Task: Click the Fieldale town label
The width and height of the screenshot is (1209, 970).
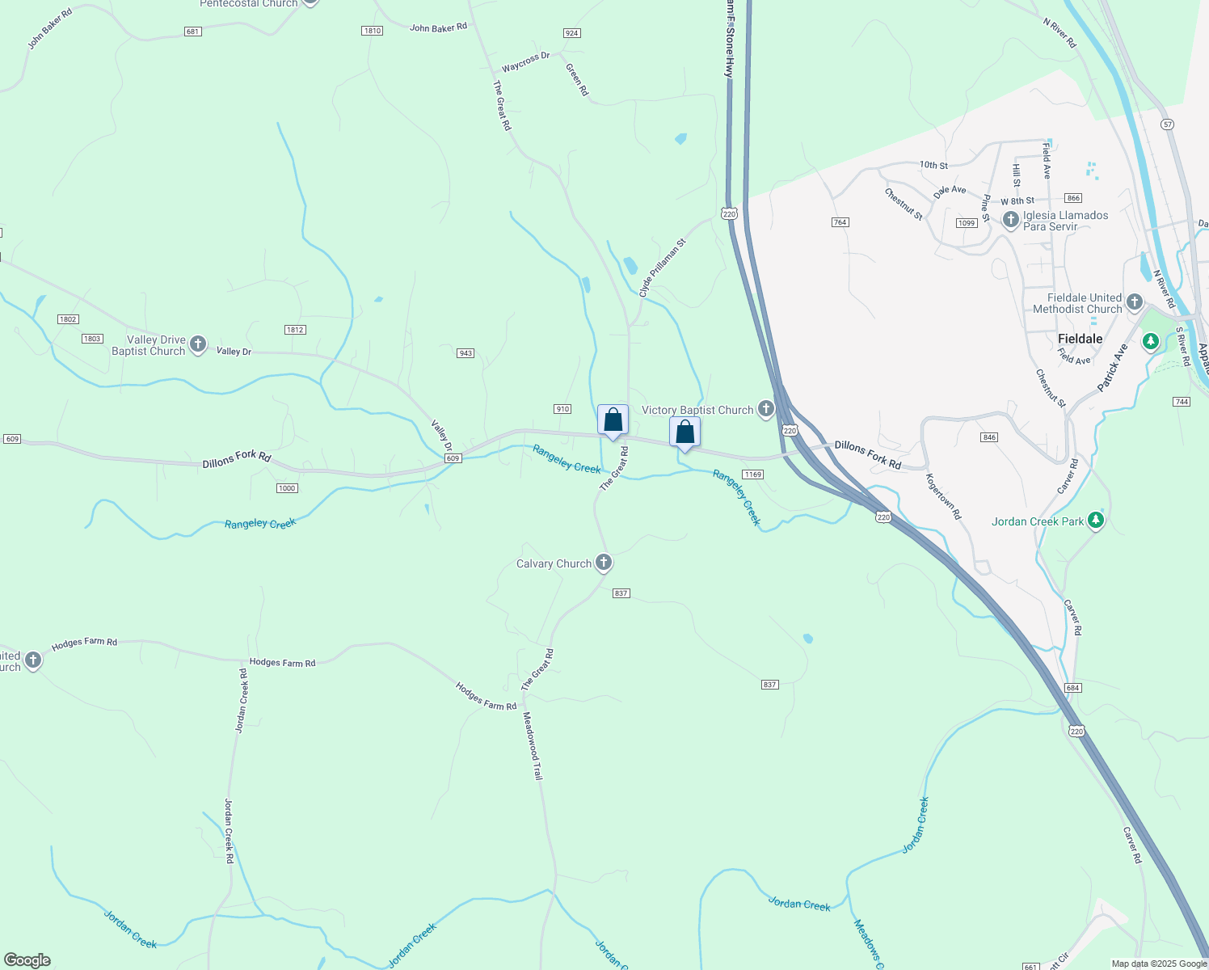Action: point(1080,339)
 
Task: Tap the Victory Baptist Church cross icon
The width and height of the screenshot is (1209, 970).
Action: point(766,410)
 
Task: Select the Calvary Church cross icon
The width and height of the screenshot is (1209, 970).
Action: point(604,563)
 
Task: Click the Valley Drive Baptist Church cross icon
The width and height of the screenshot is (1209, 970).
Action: point(197,345)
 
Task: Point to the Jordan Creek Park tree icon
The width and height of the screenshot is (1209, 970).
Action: point(1096,521)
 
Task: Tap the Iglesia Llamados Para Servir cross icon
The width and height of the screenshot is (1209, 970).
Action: point(1010,220)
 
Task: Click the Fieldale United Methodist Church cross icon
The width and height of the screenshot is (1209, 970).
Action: point(1135,303)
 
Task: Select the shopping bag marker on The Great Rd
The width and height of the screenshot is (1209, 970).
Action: point(613,420)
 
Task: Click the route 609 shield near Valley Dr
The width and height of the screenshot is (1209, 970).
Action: point(453,458)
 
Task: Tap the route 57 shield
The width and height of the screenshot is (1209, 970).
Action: point(1167,124)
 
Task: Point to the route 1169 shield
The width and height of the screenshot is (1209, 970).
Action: point(752,474)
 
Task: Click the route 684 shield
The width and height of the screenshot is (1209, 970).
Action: point(1072,688)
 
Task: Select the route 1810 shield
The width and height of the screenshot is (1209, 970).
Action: point(372,31)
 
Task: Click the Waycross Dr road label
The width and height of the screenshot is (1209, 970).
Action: point(525,61)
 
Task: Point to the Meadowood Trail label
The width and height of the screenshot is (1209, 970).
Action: point(533,745)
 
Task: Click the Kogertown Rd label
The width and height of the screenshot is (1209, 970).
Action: point(944,496)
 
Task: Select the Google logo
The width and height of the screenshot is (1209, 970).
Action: point(27,960)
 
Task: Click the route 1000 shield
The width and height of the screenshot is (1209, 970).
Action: point(287,488)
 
